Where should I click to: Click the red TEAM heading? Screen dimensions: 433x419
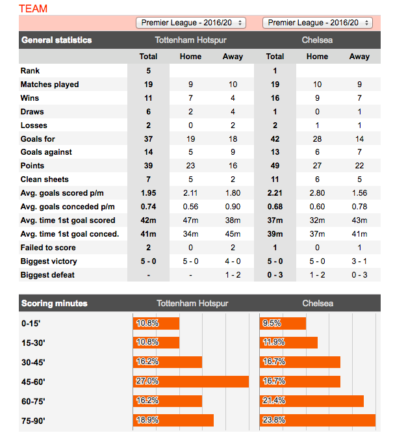[x=33, y=8]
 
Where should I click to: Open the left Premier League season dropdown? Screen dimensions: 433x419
[x=191, y=23]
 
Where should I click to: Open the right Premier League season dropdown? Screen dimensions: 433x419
[x=318, y=23]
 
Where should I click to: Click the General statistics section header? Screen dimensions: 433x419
[x=57, y=40]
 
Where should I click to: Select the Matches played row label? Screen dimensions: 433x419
[x=49, y=85]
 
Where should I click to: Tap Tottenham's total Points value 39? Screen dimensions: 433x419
[x=148, y=166]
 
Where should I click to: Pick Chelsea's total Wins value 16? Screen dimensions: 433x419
[x=275, y=98]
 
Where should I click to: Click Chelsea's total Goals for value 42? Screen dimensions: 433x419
[x=275, y=138]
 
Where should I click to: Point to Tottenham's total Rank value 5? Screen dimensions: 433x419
[x=148, y=71]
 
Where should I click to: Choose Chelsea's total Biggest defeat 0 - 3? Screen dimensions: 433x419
[x=275, y=275]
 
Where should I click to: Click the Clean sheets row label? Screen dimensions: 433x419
[x=44, y=179]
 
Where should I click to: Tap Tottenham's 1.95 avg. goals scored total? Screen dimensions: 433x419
[x=148, y=193]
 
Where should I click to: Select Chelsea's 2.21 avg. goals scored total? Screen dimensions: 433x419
[x=275, y=193]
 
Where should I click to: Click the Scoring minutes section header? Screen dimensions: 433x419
[x=54, y=304]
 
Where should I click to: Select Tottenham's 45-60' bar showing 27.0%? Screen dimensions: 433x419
[x=191, y=382]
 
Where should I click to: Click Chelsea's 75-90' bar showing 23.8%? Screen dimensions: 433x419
[x=318, y=420]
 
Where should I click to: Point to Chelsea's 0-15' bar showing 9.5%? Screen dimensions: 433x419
[x=283, y=323]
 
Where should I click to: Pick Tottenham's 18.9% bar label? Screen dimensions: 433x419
[x=146, y=420]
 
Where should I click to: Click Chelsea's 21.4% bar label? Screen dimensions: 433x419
[x=273, y=401]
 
